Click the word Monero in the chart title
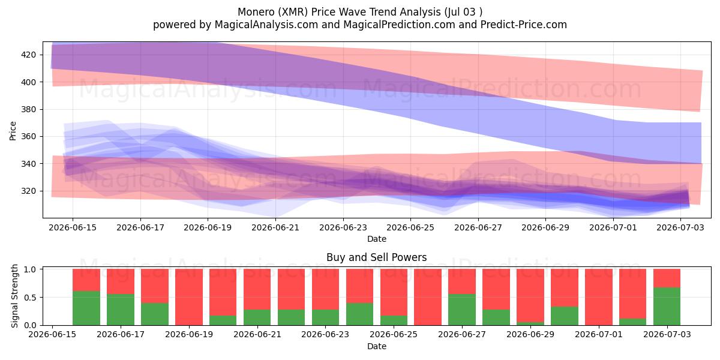pyautogui.click(x=256, y=12)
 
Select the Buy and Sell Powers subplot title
pyautogui.click(x=376, y=257)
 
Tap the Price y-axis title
pyautogui.click(x=13, y=131)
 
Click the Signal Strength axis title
pyautogui.click(x=14, y=296)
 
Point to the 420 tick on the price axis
pyautogui.click(x=28, y=55)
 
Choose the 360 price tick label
pyautogui.click(x=28, y=137)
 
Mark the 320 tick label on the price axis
pyautogui.click(x=28, y=191)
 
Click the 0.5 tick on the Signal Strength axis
pyautogui.click(x=30, y=298)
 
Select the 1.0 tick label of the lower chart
pyautogui.click(x=30, y=269)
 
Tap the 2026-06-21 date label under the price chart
pyautogui.click(x=275, y=227)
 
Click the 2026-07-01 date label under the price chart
pyautogui.click(x=613, y=227)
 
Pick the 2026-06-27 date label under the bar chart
pyautogui.click(x=462, y=334)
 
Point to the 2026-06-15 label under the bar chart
pyautogui.click(x=52, y=334)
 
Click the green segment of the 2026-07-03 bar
pyautogui.click(x=667, y=307)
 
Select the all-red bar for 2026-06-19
pyautogui.click(x=189, y=297)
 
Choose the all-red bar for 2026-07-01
pyautogui.click(x=599, y=297)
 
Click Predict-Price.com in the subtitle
pyautogui.click(x=524, y=25)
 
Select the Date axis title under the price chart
pyautogui.click(x=377, y=239)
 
